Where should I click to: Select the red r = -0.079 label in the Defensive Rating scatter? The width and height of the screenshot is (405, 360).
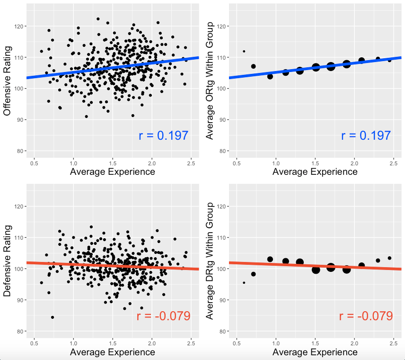click(164, 316)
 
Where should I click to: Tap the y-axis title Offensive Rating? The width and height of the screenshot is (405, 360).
click(8, 85)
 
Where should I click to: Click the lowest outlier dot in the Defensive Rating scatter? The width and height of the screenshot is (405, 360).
click(53, 317)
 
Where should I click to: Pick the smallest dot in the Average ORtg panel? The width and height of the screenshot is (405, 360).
click(244, 51)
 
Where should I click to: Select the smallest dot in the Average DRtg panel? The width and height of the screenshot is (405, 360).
click(244, 283)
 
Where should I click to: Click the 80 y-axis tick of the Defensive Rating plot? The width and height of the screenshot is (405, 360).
click(20, 331)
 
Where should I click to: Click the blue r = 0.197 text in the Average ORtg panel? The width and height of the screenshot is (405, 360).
click(366, 135)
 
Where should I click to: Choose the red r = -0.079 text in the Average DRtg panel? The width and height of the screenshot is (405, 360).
click(366, 316)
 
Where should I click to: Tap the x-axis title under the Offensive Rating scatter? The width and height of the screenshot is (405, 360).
click(112, 171)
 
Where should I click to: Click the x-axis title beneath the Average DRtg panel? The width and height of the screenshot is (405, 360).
click(315, 352)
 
